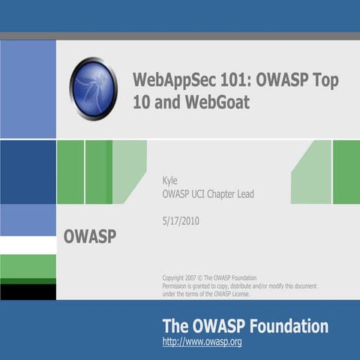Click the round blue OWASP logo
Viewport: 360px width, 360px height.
[x=93, y=88]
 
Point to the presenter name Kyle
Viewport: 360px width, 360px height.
[x=170, y=180]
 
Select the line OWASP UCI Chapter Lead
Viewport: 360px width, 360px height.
[x=208, y=194]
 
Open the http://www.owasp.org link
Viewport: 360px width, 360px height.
[x=202, y=343]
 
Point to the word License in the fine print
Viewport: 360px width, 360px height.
[x=237, y=293]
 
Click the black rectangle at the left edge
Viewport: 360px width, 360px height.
[x=28, y=291]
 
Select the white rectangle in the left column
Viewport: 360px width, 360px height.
[x=28, y=245]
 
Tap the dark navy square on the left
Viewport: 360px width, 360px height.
[x=28, y=172]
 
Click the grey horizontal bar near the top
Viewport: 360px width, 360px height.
[x=180, y=35]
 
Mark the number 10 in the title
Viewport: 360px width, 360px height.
[x=142, y=103]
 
